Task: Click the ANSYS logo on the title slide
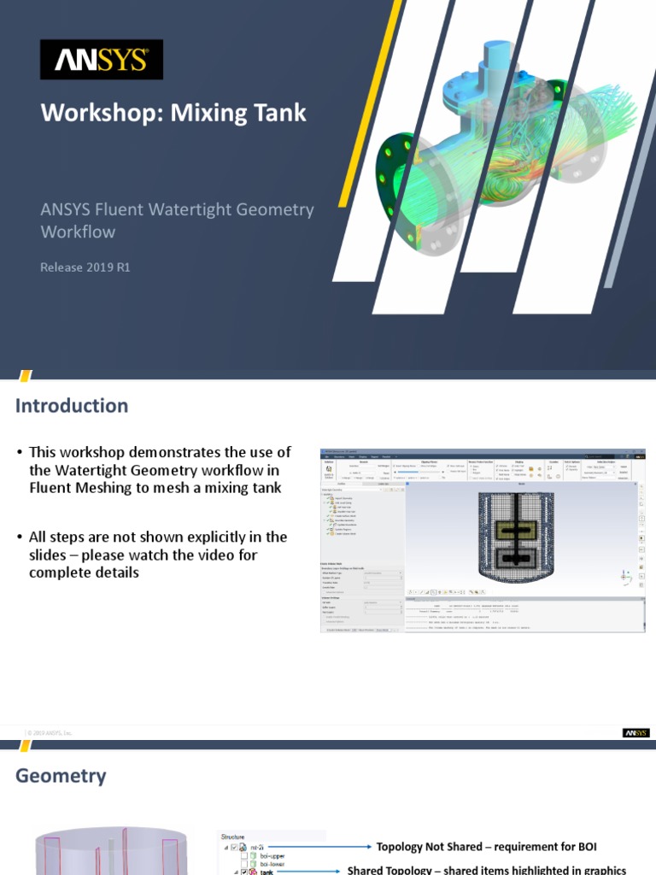tap(102, 60)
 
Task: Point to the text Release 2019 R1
tap(85, 267)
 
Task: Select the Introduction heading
tap(72, 406)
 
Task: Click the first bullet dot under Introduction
tap(20, 453)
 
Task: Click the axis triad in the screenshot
tap(627, 578)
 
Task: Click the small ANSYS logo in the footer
tap(635, 732)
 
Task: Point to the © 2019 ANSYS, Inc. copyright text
tap(50, 733)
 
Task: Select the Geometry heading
tap(61, 776)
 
